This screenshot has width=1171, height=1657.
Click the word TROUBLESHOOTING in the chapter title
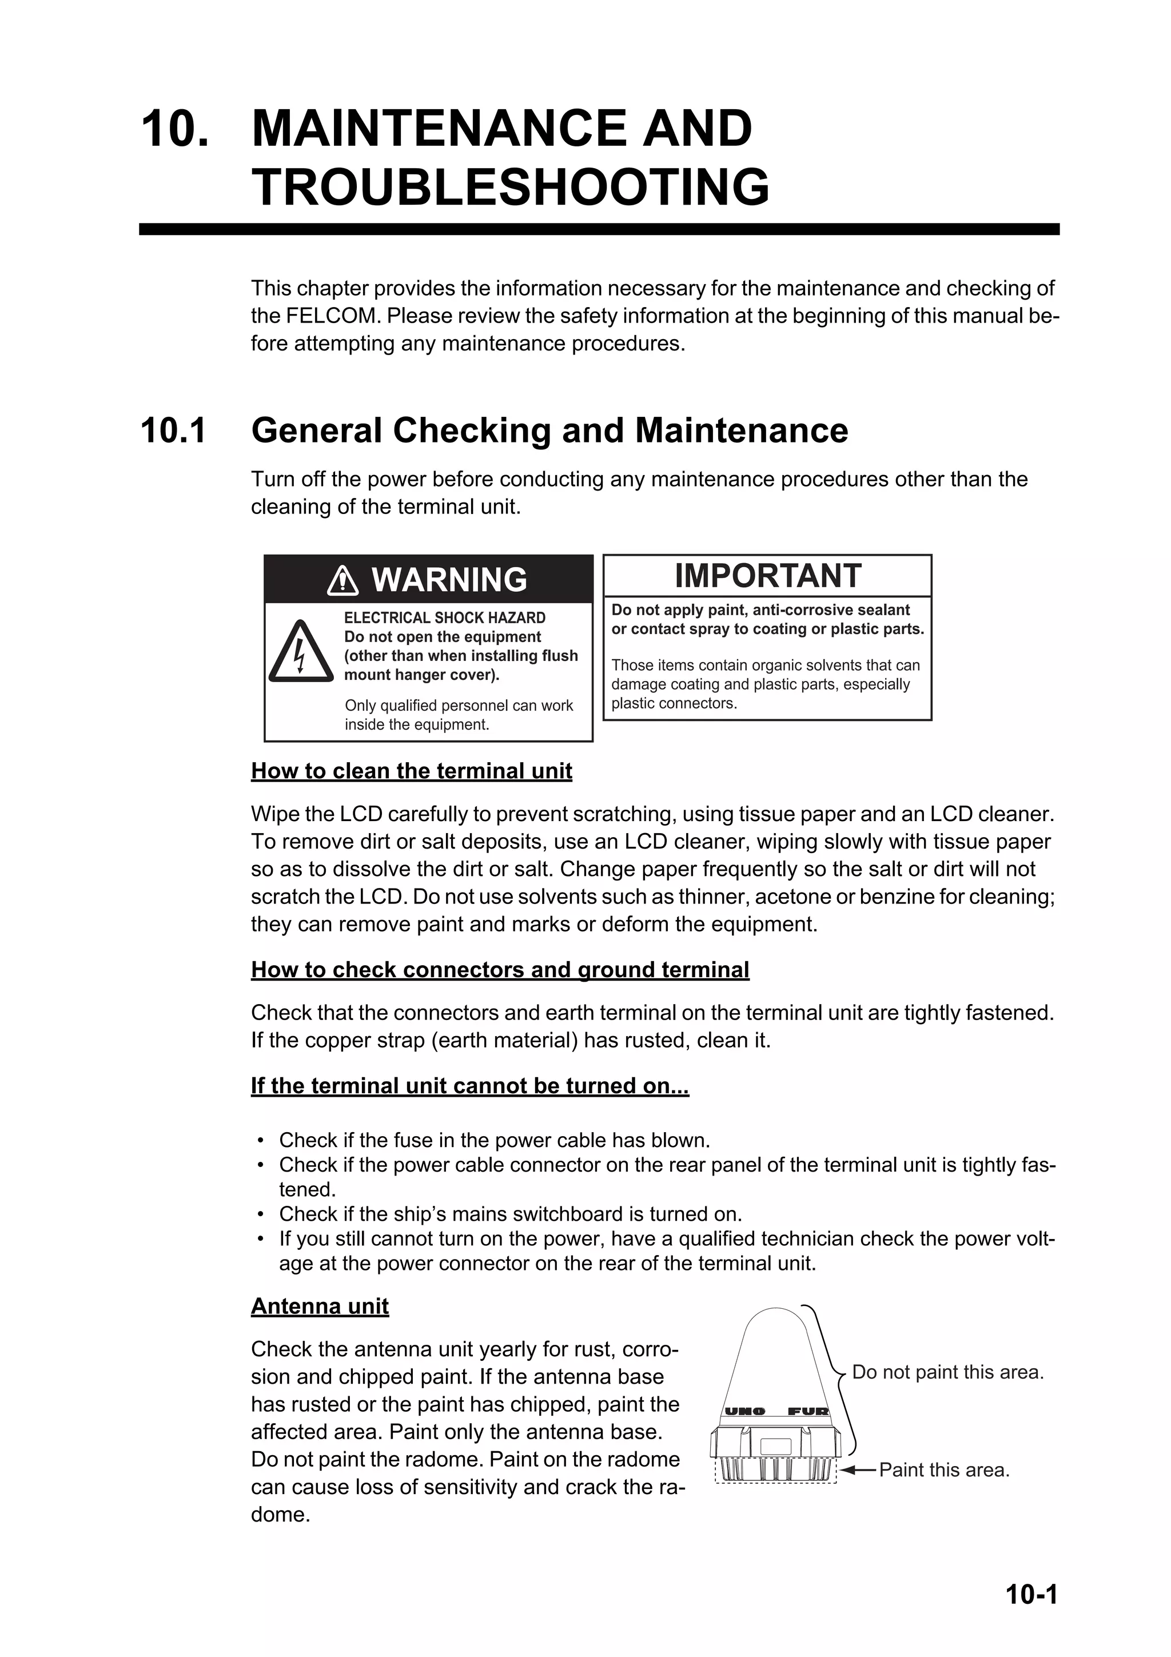click(510, 187)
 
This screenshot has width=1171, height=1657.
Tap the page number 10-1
click(1031, 1594)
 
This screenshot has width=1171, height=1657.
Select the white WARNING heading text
click(449, 580)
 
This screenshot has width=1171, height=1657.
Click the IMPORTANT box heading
click(768, 576)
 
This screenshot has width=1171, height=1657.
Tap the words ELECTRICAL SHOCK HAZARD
click(444, 618)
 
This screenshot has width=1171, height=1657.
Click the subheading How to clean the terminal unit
click(411, 771)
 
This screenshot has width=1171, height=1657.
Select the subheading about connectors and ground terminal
click(500, 969)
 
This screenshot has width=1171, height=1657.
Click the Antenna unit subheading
click(320, 1307)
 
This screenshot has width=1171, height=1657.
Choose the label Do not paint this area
click(947, 1372)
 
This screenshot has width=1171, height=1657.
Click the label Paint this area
click(944, 1470)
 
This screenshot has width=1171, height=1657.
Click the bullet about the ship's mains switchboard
click(510, 1214)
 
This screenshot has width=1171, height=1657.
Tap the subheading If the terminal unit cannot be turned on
click(469, 1086)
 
